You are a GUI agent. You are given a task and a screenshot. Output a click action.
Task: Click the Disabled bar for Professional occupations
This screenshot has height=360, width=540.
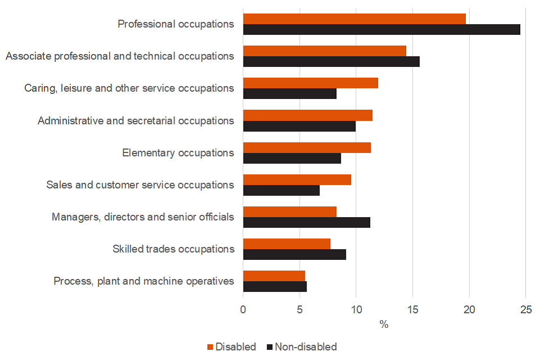pyautogui.click(x=354, y=19)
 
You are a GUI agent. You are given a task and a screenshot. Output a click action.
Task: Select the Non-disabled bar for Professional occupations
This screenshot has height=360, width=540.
pyautogui.click(x=381, y=30)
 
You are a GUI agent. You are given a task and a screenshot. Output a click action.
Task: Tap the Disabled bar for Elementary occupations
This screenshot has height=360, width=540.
pyautogui.click(x=307, y=147)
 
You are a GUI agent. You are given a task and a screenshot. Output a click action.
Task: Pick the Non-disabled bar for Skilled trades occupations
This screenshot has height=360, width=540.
pyautogui.click(x=294, y=255)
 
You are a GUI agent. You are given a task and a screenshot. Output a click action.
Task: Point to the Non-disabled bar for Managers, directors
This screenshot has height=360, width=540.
pyautogui.click(x=307, y=223)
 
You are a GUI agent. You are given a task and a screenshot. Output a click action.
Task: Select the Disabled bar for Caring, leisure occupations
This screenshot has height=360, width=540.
pyautogui.click(x=310, y=83)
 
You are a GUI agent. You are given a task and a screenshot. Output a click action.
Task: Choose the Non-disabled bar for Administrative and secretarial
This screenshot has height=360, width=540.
pyautogui.click(x=299, y=126)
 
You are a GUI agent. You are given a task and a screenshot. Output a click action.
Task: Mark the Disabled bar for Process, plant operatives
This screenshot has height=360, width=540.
pyautogui.click(x=274, y=276)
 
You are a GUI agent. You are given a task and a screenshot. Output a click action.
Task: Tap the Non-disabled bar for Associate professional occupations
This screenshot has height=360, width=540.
pyautogui.click(x=331, y=62)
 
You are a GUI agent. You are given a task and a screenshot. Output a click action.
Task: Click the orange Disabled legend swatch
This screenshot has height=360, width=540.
pyautogui.click(x=211, y=347)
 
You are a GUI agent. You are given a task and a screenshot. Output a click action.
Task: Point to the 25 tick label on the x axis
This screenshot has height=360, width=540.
pyautogui.click(x=526, y=310)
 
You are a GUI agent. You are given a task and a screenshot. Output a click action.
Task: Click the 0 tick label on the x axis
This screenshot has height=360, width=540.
pyautogui.click(x=243, y=310)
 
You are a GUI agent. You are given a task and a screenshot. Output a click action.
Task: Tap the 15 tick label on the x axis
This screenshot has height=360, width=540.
pyautogui.click(x=413, y=310)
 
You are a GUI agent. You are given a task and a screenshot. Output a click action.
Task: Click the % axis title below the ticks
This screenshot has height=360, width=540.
pyautogui.click(x=384, y=325)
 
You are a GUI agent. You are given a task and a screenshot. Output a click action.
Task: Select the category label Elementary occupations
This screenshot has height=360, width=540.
pyautogui.click(x=178, y=153)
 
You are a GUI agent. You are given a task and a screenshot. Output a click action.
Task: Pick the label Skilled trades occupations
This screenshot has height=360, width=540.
pyautogui.click(x=173, y=249)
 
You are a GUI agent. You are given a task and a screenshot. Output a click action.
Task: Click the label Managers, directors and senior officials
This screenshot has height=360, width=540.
pyautogui.click(x=143, y=217)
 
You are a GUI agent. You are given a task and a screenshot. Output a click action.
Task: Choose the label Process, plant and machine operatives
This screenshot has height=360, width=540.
pyautogui.click(x=144, y=281)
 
